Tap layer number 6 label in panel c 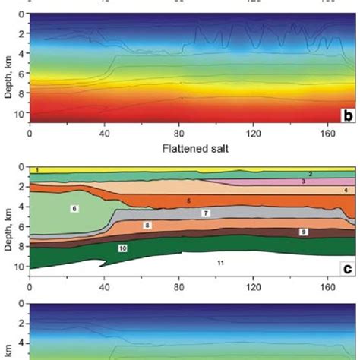pos(74,207)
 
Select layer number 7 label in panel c pos(206,214)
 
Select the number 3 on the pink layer pos(302,182)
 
